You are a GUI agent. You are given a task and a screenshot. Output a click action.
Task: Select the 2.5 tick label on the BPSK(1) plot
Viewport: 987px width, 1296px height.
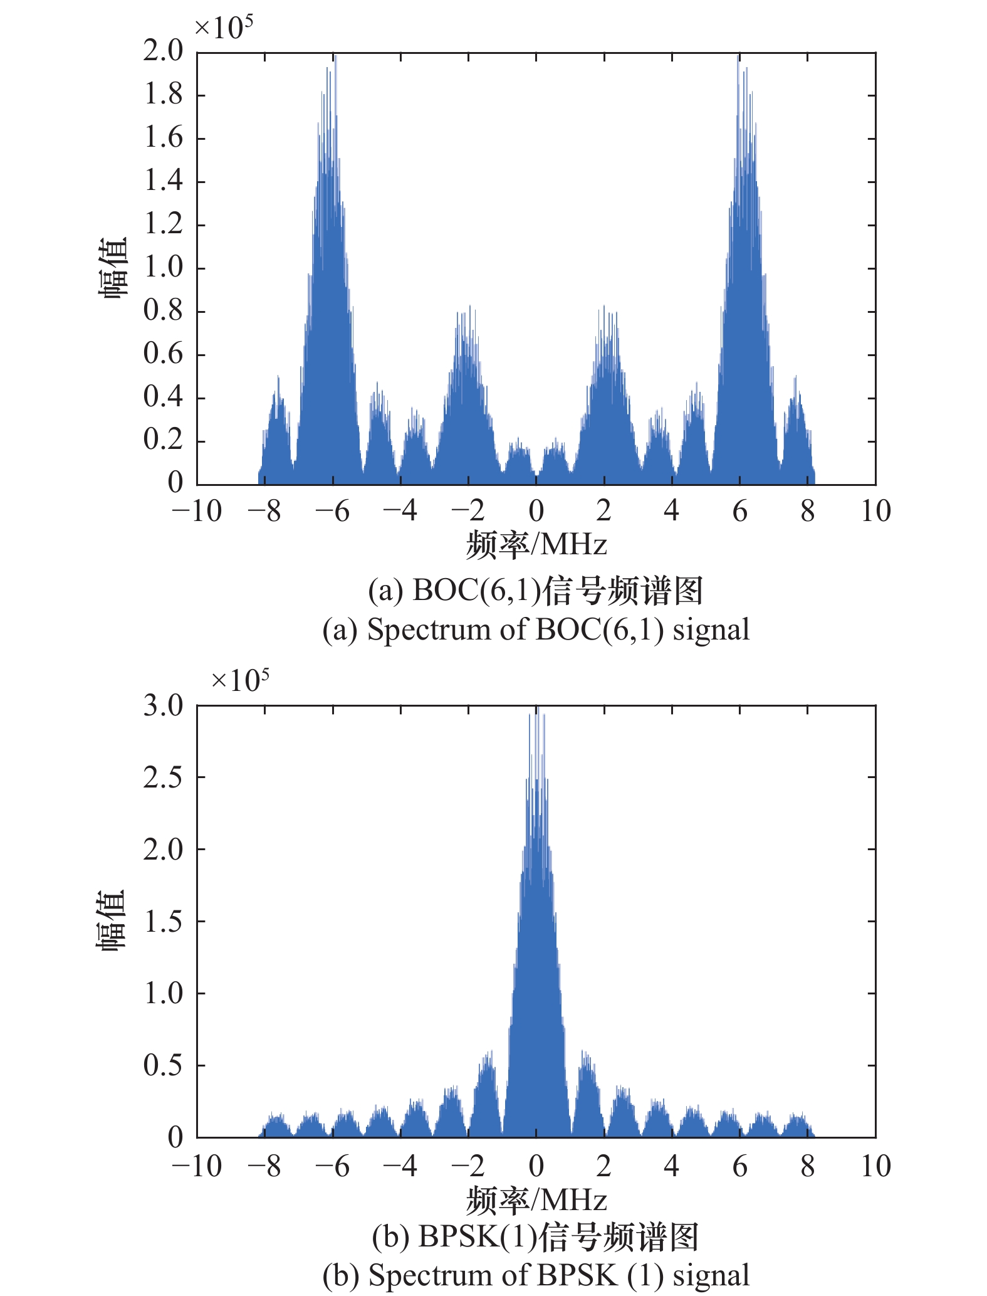click(x=163, y=777)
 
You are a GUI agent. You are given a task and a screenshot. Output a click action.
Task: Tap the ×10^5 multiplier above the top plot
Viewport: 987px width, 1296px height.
click(x=223, y=28)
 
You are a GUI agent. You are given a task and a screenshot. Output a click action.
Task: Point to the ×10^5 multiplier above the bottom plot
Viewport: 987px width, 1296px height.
click(x=240, y=680)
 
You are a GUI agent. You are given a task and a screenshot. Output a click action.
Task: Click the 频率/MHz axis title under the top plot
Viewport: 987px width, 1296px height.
click(x=536, y=544)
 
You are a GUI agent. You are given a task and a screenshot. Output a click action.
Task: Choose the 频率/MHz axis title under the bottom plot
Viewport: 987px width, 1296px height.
click(x=536, y=1199)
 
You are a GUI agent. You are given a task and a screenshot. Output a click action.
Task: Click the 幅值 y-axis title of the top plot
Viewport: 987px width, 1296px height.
click(x=113, y=268)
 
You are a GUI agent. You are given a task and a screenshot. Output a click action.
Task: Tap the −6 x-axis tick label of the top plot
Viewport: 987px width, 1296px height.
click(x=332, y=512)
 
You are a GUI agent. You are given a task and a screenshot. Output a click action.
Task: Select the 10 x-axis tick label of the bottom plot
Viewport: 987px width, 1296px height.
click(x=875, y=1167)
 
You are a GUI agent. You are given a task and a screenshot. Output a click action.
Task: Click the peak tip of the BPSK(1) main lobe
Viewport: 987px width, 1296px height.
click(x=536, y=709)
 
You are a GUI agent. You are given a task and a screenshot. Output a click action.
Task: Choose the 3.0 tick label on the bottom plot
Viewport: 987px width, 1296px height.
click(x=163, y=706)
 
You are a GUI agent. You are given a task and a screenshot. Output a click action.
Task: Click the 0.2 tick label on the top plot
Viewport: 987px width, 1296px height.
click(x=163, y=440)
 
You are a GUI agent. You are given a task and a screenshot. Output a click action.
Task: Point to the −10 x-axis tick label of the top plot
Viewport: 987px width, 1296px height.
click(x=197, y=512)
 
